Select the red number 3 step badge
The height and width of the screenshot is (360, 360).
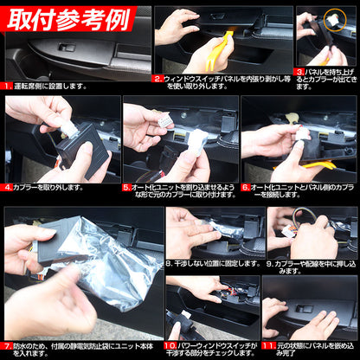[299, 73]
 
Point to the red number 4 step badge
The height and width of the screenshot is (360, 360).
[10, 187]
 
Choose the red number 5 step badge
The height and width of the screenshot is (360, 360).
[126, 184]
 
